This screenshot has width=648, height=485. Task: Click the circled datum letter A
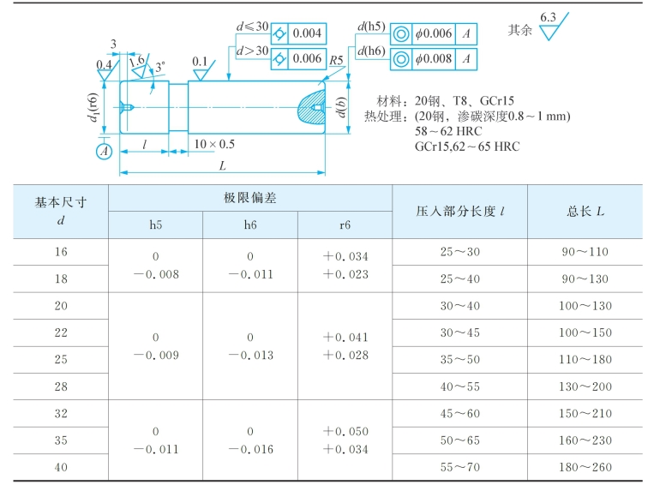[x=105, y=152]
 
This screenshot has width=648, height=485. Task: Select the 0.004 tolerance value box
[x=307, y=33]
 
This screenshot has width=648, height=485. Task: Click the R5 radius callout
[x=337, y=61]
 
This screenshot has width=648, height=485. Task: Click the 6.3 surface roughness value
[x=548, y=17]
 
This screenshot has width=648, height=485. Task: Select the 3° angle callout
[x=159, y=67]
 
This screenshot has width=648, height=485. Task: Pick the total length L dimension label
[x=222, y=165]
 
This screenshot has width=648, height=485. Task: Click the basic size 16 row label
[x=60, y=252]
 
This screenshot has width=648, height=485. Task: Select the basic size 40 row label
[x=60, y=467]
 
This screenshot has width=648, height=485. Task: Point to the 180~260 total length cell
[x=586, y=467]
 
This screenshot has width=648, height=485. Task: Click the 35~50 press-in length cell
[x=459, y=359]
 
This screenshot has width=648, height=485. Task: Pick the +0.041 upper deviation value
[x=345, y=338]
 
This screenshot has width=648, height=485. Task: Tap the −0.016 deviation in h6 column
[x=250, y=448]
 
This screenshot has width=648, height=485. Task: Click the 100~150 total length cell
[x=586, y=332]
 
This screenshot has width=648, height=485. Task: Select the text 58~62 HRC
[x=447, y=131]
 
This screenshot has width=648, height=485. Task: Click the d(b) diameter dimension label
[x=341, y=108]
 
